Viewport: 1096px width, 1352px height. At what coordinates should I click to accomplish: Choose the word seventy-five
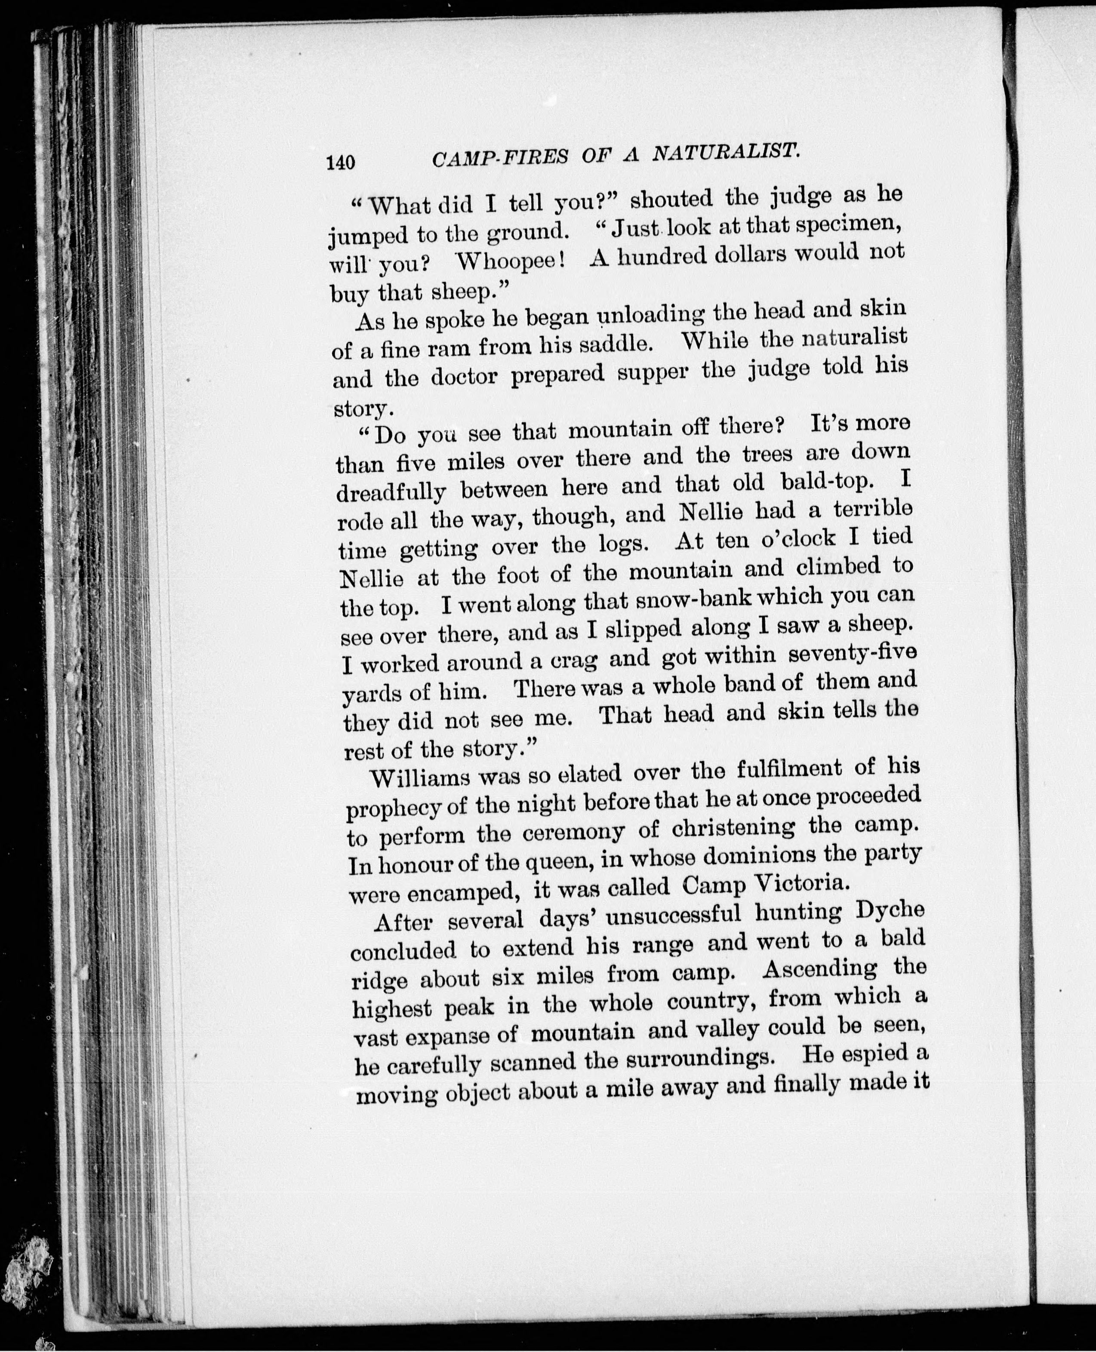click(852, 653)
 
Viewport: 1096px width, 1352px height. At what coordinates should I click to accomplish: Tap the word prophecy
click(391, 808)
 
